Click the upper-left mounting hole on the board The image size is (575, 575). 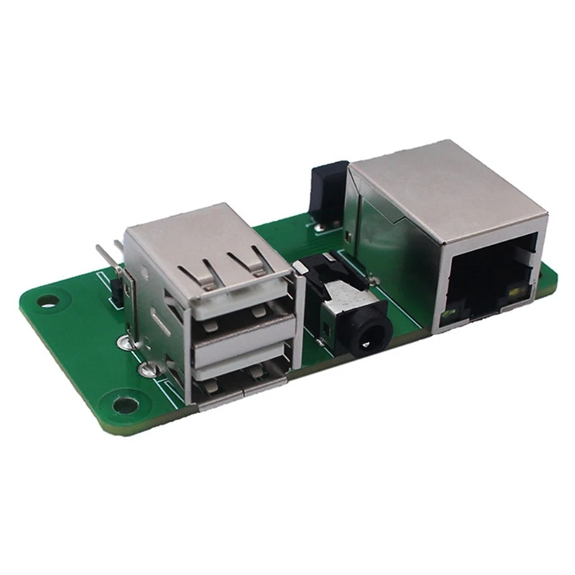(47, 301)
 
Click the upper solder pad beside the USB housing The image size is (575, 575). (129, 344)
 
